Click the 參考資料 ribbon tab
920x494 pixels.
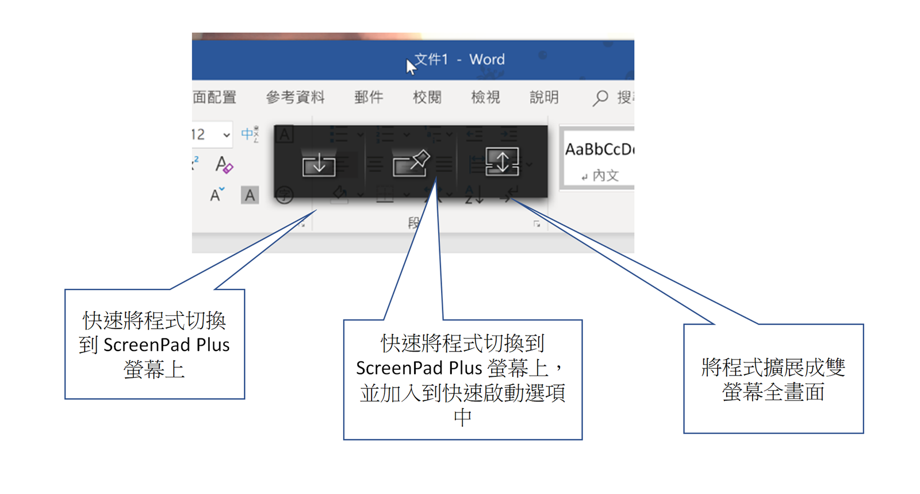click(295, 98)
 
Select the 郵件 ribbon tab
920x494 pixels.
click(369, 98)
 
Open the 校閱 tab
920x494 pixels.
click(427, 98)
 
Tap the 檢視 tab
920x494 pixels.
click(485, 98)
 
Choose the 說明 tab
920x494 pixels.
click(544, 98)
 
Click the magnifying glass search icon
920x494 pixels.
click(600, 98)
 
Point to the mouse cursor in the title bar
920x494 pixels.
click(411, 67)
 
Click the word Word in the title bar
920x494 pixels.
click(487, 60)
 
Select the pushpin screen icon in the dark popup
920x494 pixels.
click(411, 164)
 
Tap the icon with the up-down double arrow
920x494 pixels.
click(502, 161)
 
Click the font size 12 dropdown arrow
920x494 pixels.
click(227, 136)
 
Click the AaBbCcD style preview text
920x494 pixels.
click(599, 150)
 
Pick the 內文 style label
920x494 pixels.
click(605, 176)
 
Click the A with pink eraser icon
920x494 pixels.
click(224, 165)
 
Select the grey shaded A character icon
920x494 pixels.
click(250, 195)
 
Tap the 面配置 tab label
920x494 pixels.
click(214, 98)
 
